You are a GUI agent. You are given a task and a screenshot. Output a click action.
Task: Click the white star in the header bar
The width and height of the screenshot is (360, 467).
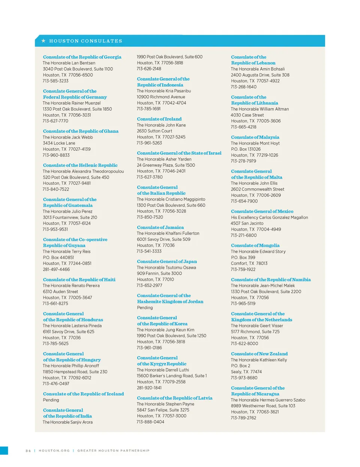[x=43, y=41]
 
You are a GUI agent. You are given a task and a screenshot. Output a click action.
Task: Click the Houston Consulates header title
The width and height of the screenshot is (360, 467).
[x=85, y=41]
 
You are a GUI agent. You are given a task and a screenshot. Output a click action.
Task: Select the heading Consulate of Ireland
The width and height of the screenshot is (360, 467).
[x=159, y=119]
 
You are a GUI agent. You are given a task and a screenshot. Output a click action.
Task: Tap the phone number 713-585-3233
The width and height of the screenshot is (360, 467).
[x=55, y=81]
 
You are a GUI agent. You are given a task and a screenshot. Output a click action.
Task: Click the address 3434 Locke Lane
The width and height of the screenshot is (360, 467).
[x=59, y=143]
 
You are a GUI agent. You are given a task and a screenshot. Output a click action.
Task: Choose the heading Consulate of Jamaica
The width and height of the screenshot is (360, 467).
[x=160, y=227]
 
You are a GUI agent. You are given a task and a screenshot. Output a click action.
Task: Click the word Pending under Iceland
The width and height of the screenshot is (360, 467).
[x=51, y=400]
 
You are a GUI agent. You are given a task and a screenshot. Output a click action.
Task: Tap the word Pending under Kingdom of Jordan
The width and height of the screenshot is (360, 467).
[x=145, y=308]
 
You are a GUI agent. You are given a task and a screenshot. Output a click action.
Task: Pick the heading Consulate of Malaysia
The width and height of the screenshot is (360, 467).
[x=255, y=137]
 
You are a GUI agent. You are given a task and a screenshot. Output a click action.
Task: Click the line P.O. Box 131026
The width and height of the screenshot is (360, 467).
[x=246, y=149]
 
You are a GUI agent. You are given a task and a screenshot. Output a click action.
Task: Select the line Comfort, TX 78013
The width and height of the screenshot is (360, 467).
[x=249, y=264]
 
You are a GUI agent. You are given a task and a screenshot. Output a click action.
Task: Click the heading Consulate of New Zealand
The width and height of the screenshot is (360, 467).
[x=259, y=354]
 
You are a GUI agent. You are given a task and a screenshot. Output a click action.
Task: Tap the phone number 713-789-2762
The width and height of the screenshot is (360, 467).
[x=243, y=418]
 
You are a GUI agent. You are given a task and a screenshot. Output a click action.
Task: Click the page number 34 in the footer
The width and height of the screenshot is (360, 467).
[x=28, y=450]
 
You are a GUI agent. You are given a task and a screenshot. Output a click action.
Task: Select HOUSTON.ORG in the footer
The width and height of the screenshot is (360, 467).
[x=54, y=450]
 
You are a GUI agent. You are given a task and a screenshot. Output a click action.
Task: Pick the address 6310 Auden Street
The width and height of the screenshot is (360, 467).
[x=60, y=292]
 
